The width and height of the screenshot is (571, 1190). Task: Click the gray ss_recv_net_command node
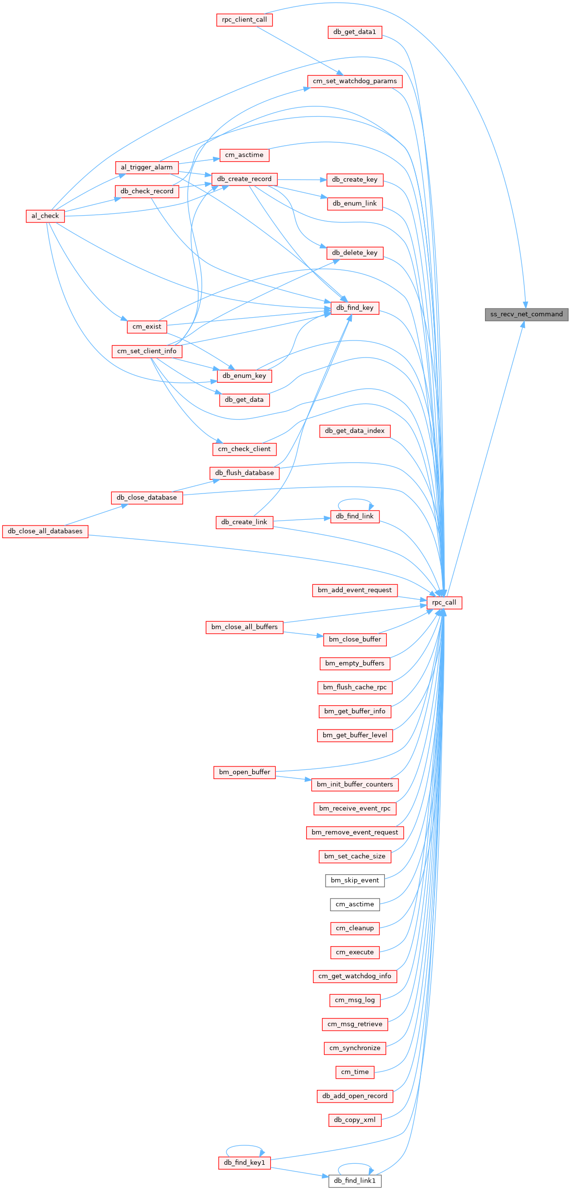[x=526, y=314]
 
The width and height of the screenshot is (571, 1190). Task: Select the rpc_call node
[x=444, y=603]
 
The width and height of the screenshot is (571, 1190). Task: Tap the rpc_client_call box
[x=244, y=20]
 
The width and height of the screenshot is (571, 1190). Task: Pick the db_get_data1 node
[x=355, y=32]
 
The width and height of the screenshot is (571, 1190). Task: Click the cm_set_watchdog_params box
[x=355, y=81]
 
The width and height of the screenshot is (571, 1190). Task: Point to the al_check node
[x=45, y=216]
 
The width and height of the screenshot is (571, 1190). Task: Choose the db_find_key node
[x=355, y=308]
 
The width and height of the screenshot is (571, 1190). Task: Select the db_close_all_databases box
[x=45, y=531]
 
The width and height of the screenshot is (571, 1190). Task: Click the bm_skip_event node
[x=355, y=880]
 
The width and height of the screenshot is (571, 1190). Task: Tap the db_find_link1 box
[x=355, y=1181]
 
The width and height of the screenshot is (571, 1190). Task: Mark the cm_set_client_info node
[x=147, y=351]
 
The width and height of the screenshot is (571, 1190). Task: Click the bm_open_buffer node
[x=244, y=772]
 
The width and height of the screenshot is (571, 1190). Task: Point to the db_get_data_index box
[x=355, y=431]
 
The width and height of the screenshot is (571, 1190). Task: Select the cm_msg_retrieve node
[x=355, y=1024]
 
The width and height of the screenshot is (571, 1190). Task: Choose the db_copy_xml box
[x=355, y=1120]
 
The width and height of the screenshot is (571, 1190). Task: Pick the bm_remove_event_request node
[x=355, y=833]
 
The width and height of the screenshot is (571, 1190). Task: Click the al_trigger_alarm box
[x=147, y=168]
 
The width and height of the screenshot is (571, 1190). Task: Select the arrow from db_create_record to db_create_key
[x=302, y=180]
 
